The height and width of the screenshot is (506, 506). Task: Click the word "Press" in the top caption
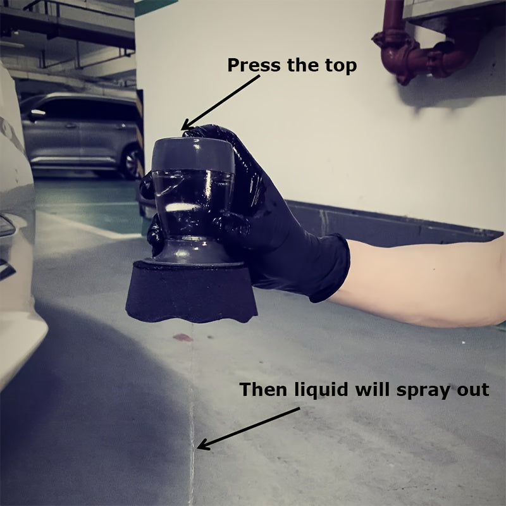[254, 65]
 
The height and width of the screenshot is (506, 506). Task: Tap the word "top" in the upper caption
[341, 66]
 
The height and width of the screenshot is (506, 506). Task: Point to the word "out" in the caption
[474, 390]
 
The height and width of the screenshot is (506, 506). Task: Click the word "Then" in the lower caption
[264, 389]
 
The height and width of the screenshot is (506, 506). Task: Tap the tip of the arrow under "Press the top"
[182, 130]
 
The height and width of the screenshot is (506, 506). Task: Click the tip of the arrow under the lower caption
[197, 448]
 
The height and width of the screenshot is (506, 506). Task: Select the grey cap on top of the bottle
[193, 155]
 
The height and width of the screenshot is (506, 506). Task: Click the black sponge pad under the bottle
[191, 293]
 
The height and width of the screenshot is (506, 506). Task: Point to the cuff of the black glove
[333, 268]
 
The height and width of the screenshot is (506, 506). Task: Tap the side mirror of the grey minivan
[37, 115]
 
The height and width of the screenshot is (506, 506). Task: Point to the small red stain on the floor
[183, 338]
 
